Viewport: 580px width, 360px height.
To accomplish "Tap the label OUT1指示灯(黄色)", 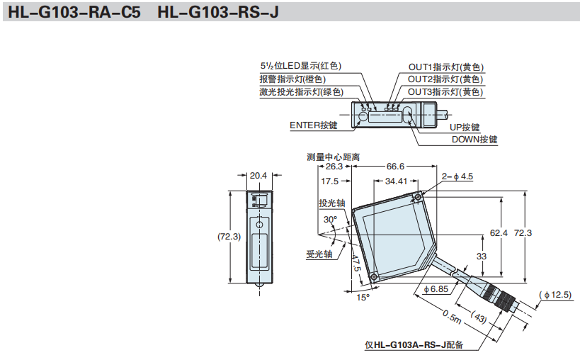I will coord(445,66).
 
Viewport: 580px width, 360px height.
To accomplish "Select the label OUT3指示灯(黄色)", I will coord(445,92).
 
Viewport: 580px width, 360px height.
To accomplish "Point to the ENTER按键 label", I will coord(314,125).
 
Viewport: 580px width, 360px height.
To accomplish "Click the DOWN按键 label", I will coord(474,140).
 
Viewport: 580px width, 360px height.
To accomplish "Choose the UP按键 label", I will coord(465,128).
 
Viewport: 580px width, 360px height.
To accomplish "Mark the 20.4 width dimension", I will coord(258,175).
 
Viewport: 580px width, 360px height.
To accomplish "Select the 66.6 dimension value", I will coord(395,167).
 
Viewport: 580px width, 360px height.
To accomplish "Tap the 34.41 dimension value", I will coord(397,181).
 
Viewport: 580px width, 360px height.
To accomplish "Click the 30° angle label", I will coord(330,220).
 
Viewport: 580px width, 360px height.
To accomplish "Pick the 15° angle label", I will coord(363,297).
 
